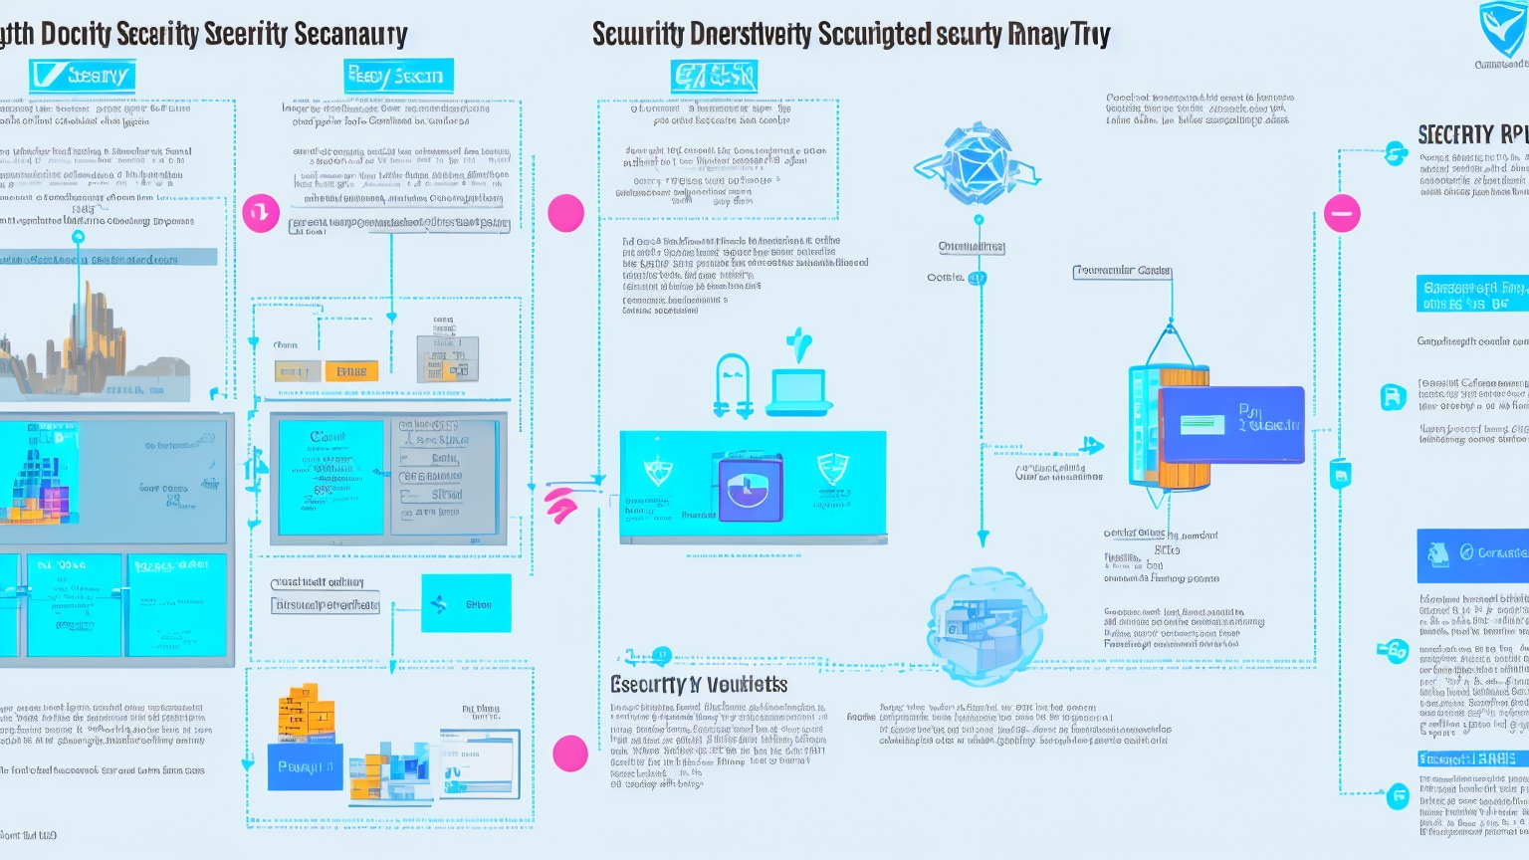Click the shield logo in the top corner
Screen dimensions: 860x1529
(1501, 30)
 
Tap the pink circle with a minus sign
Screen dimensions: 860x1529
(1342, 213)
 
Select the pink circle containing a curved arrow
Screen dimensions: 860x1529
(261, 213)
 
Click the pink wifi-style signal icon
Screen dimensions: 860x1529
(561, 505)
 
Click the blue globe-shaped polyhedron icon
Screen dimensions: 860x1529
(977, 164)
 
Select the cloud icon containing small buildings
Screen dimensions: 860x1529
(985, 625)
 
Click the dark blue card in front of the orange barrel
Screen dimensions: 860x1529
(1232, 424)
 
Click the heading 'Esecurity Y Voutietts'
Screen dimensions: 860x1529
(698, 685)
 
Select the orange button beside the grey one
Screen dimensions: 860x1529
(351, 372)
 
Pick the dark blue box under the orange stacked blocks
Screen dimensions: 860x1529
(305, 766)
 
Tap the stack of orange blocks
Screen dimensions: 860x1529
(307, 714)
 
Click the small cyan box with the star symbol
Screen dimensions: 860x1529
(466, 603)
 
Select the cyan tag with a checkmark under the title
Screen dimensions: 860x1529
(82, 76)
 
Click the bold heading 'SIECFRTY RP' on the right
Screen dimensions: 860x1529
(1471, 135)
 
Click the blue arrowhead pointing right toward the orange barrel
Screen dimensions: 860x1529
(1092, 445)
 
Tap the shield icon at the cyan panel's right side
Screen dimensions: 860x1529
(832, 470)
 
